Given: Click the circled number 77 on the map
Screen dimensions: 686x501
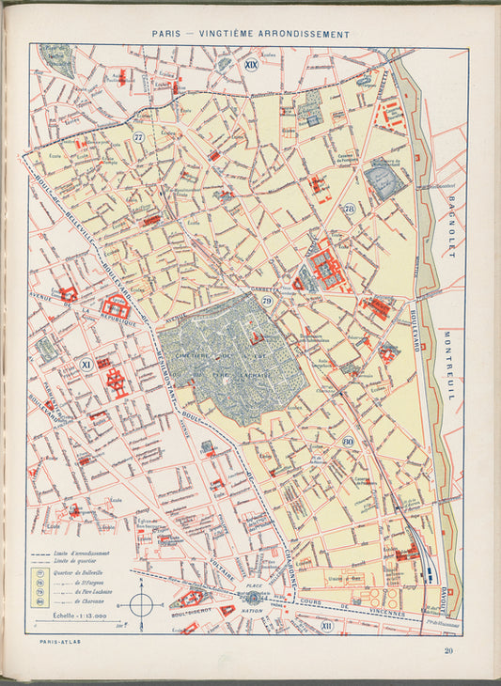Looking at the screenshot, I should click(x=139, y=137).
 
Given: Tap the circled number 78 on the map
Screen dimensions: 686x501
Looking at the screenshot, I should click(x=349, y=209).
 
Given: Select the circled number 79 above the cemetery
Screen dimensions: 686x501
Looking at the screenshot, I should click(x=268, y=302).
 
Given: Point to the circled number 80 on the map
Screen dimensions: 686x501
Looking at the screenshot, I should click(x=348, y=441).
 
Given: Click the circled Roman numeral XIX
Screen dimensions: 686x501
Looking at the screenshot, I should click(x=250, y=65).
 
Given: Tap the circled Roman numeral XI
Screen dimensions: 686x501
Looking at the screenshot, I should click(x=85, y=363).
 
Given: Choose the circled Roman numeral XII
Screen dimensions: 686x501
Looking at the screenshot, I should click(x=327, y=625).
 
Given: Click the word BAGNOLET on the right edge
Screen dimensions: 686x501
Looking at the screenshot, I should click(x=451, y=229).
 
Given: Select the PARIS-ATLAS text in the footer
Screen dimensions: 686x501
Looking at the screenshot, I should click(x=48, y=644).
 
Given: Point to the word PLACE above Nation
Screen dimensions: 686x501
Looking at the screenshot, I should click(x=252, y=585).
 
